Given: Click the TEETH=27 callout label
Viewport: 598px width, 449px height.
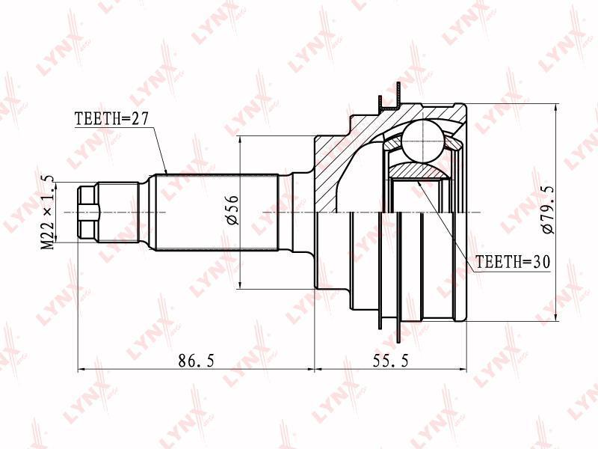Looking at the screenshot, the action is (111, 119).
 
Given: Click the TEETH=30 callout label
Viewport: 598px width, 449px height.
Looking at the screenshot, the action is (513, 262).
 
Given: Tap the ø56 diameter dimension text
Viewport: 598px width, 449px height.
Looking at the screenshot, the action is (232, 210).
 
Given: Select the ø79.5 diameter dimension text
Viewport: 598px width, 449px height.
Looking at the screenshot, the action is (548, 210).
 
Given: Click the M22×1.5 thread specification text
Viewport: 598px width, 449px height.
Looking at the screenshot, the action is (48, 213).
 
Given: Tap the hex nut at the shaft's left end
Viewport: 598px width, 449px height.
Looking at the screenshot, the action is (88, 213).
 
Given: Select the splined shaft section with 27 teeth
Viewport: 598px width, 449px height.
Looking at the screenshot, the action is (217, 213).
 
